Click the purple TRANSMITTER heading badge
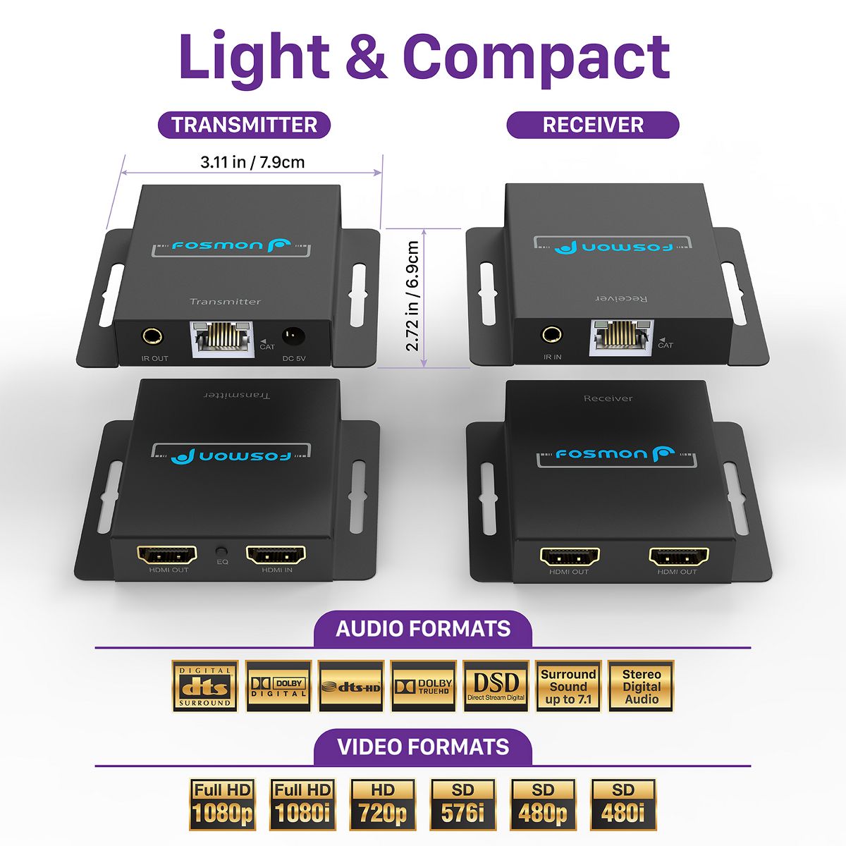point(244,125)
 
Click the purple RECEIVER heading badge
point(593,125)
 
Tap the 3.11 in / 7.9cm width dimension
point(252,162)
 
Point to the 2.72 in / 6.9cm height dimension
point(412,296)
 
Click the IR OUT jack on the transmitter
point(152,336)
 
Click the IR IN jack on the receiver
point(551,334)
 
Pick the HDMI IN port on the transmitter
point(276,555)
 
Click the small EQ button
point(222,551)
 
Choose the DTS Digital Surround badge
point(205,686)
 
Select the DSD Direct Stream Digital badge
point(496,686)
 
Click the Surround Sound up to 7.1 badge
point(568,686)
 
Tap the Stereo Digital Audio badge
point(641,686)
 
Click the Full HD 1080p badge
point(222,804)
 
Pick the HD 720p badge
point(383,804)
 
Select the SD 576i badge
point(462,804)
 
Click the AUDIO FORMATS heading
point(423,628)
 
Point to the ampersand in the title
point(366,56)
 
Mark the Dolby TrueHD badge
point(423,686)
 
